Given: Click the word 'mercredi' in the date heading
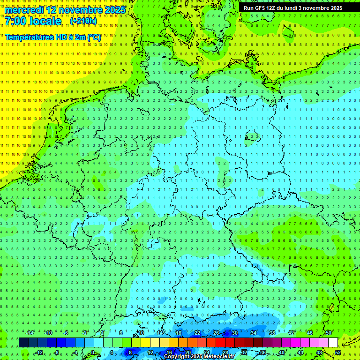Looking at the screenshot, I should [24, 10].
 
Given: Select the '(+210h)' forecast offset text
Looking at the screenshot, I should [83, 22].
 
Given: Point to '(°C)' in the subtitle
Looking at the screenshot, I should [93, 37].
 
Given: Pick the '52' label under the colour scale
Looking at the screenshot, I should [338, 352].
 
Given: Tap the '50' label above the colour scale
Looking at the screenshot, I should [328, 333].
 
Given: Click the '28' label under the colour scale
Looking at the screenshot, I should [225, 352].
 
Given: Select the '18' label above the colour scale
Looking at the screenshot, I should [178, 333].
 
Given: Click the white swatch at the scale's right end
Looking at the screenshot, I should [333, 343].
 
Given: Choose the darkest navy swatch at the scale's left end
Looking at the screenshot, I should [23, 343].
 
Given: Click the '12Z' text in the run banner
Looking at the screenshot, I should [271, 8].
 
